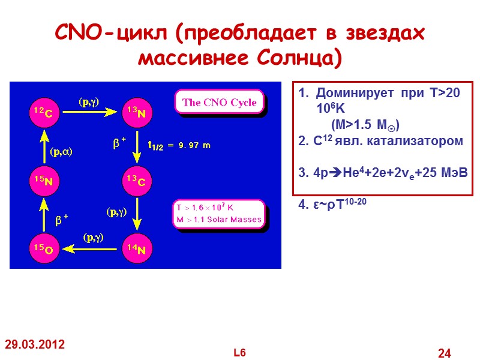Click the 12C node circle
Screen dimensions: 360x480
(x=46, y=112)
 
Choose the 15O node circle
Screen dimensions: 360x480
(x=46, y=247)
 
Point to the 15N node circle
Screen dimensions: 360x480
(x=46, y=180)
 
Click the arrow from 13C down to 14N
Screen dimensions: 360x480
(x=137, y=214)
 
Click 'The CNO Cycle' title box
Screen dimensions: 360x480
(x=219, y=102)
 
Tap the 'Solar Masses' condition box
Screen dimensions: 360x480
(x=218, y=213)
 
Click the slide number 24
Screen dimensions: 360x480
(x=445, y=353)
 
